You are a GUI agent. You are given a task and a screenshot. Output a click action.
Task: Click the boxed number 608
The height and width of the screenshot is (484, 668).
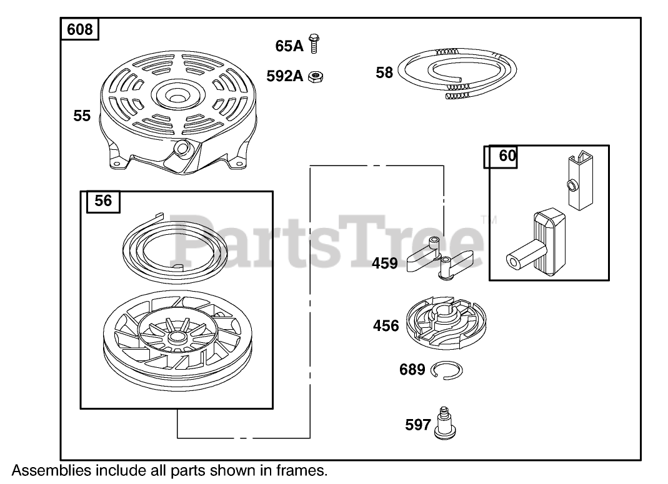tap(79, 29)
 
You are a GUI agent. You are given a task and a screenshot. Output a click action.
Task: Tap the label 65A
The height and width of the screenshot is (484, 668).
tap(289, 46)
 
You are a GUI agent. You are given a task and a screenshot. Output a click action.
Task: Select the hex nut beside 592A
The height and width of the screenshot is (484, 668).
tap(316, 76)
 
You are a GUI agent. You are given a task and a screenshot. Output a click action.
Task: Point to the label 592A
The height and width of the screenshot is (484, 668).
tap(284, 76)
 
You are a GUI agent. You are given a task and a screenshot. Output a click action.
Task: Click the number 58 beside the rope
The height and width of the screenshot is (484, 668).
tap(384, 72)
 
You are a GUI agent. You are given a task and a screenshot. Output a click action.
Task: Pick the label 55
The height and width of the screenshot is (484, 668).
tap(82, 116)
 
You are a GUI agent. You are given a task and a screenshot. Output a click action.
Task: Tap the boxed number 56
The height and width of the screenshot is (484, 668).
tap(103, 201)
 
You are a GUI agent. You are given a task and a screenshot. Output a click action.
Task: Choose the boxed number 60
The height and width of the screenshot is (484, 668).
tap(507, 156)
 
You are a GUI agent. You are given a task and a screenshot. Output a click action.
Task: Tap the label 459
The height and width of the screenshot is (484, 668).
tap(385, 263)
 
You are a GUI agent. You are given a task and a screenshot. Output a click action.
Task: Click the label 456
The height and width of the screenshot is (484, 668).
tap(386, 325)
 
